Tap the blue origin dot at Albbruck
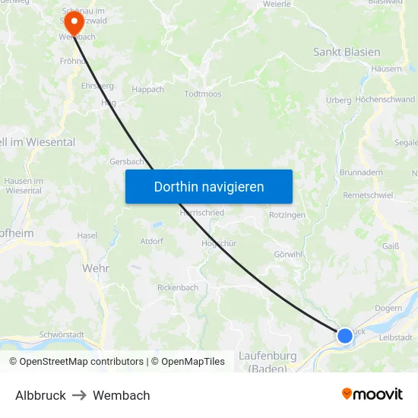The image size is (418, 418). click(x=344, y=335)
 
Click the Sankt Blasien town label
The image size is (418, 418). click(x=347, y=52)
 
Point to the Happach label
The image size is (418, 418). click(x=147, y=89)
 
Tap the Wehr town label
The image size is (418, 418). click(x=96, y=268)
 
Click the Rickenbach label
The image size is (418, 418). click(x=178, y=288)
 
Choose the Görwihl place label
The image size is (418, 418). click(x=288, y=254)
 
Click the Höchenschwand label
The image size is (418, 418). click(x=385, y=100)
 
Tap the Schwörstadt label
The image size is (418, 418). click(x=61, y=334)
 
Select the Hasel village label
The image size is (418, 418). click(x=87, y=236)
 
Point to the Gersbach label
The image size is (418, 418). click(x=126, y=161)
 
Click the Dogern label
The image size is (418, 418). click(x=388, y=309)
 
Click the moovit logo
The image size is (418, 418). click(x=372, y=394)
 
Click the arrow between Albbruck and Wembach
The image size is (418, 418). click(x=79, y=395)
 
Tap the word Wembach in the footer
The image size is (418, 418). click(x=122, y=395)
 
